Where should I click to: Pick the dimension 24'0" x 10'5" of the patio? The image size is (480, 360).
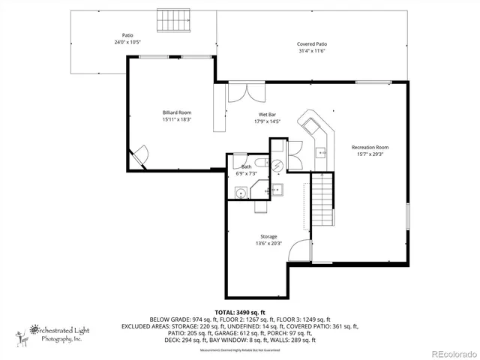tap(128, 41)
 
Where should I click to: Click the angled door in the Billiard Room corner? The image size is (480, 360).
tap(139, 157)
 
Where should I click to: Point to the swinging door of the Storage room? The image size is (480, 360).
tap(300, 251)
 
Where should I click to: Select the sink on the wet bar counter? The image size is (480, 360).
tap(321, 152)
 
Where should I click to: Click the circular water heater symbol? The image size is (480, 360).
tap(277, 166)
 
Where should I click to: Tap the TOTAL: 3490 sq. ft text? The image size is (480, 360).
tap(240, 312)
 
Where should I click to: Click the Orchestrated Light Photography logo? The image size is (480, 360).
tap(56, 333)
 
